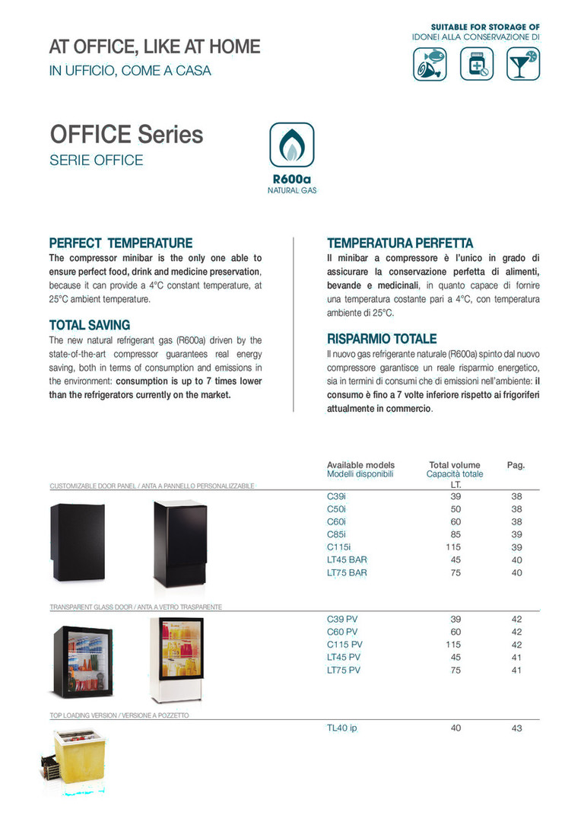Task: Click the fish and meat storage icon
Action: pos(430,64)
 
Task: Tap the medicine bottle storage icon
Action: pos(477,64)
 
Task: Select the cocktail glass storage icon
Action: pos(522,64)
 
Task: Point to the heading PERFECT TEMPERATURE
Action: pos(121,244)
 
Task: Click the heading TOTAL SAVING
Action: pos(90,325)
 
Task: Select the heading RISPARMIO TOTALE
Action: pos(382,339)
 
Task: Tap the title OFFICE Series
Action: pos(126,135)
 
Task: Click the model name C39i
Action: pos(336,495)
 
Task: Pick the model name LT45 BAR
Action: pos(347,559)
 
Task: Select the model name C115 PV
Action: pos(344,645)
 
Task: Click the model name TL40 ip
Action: pos(341,728)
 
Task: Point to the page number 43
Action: pos(517,728)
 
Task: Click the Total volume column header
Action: pos(455,464)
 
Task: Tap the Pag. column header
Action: pos(516,464)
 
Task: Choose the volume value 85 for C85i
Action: pos(456,534)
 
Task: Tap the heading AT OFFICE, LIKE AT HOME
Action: pos(154,47)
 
